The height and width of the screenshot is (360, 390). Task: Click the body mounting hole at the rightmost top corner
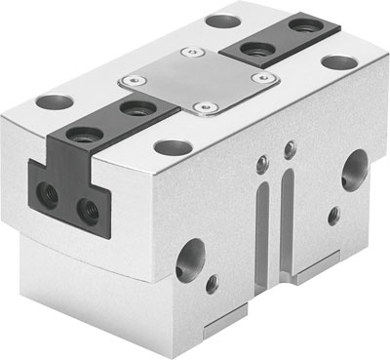[338, 61]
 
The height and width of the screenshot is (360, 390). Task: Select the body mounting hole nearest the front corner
[174, 148]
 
